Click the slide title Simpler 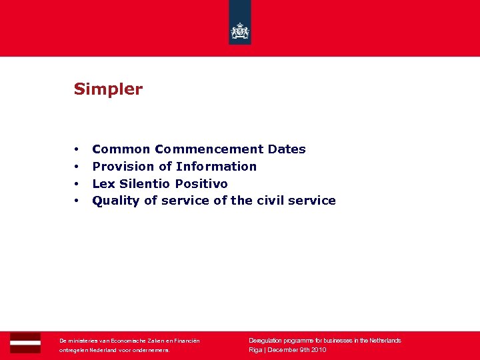tap(108, 89)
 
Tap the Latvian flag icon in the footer tap(25, 343)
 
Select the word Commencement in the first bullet tap(209, 149)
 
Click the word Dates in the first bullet tap(287, 149)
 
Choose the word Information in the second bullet tap(216, 167)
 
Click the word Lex tap(103, 184)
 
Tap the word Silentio tap(145, 184)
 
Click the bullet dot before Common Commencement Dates tap(77, 149)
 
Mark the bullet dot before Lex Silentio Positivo tap(77, 184)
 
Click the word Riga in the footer tap(255, 350)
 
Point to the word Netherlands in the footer tap(383, 341)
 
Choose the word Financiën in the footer tap(186, 341)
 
